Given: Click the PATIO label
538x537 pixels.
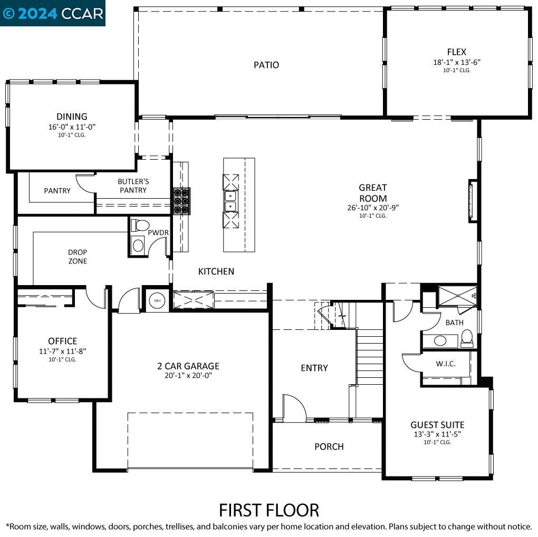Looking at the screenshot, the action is pyautogui.click(x=266, y=65).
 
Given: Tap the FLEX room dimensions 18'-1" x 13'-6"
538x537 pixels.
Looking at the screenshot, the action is pyautogui.click(x=457, y=62).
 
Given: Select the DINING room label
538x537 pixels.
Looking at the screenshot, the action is pyautogui.click(x=72, y=116).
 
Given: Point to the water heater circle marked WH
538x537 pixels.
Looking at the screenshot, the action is pyautogui.click(x=157, y=301).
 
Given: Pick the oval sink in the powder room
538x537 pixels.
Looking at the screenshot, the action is pyautogui.click(x=138, y=246).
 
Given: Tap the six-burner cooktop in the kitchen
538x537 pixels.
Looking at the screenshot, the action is pyautogui.click(x=181, y=201).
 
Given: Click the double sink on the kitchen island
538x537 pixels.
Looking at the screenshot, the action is pyautogui.click(x=230, y=201).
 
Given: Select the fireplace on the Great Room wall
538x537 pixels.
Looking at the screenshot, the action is pyautogui.click(x=473, y=201).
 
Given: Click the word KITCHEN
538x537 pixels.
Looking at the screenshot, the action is pyautogui.click(x=216, y=271).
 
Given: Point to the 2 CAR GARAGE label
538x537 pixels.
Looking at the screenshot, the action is pyautogui.click(x=188, y=366).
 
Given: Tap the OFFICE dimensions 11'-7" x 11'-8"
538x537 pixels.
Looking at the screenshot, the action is pyautogui.click(x=62, y=351).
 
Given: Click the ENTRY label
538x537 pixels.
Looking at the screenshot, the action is pyautogui.click(x=314, y=368).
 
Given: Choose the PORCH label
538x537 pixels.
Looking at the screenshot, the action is pyautogui.click(x=329, y=446).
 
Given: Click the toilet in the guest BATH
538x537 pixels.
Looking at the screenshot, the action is pyautogui.click(x=467, y=338).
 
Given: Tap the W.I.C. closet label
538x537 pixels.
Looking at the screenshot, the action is pyautogui.click(x=446, y=364).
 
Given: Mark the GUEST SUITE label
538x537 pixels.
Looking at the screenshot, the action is pyautogui.click(x=437, y=425).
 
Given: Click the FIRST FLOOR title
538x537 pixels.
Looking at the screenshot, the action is pyautogui.click(x=269, y=510).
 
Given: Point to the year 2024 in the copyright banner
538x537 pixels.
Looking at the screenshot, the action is pyautogui.click(x=37, y=13).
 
